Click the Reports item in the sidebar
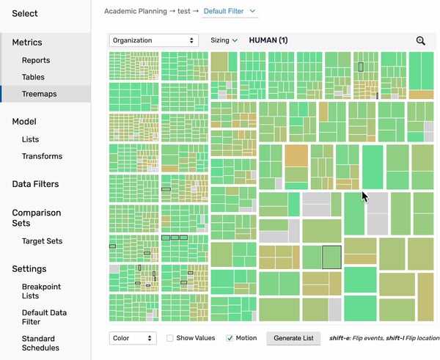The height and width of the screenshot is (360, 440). [x=36, y=60]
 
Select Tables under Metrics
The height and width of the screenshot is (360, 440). [x=33, y=77]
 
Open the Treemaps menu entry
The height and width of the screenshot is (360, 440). [x=39, y=94]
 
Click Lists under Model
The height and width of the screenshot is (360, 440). [x=31, y=139]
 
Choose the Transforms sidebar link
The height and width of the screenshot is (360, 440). [x=42, y=156]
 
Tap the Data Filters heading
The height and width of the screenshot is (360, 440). [x=35, y=184]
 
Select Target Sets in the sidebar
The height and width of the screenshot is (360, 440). [x=42, y=241]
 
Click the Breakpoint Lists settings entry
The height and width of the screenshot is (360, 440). [x=41, y=291]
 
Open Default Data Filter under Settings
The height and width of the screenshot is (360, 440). [x=44, y=317]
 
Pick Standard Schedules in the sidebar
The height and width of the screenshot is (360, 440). [x=40, y=343]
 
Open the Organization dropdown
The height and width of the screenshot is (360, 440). [x=153, y=40]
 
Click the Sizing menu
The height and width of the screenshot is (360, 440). [x=224, y=40]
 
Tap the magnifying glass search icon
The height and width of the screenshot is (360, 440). [x=420, y=41]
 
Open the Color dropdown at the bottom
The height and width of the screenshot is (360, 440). [x=133, y=338]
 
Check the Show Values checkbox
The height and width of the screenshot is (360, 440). [x=170, y=339]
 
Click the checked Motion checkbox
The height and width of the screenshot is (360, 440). [x=230, y=339]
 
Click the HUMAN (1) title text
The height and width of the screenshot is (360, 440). [x=268, y=40]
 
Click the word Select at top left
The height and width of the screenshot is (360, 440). [x=25, y=14]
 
